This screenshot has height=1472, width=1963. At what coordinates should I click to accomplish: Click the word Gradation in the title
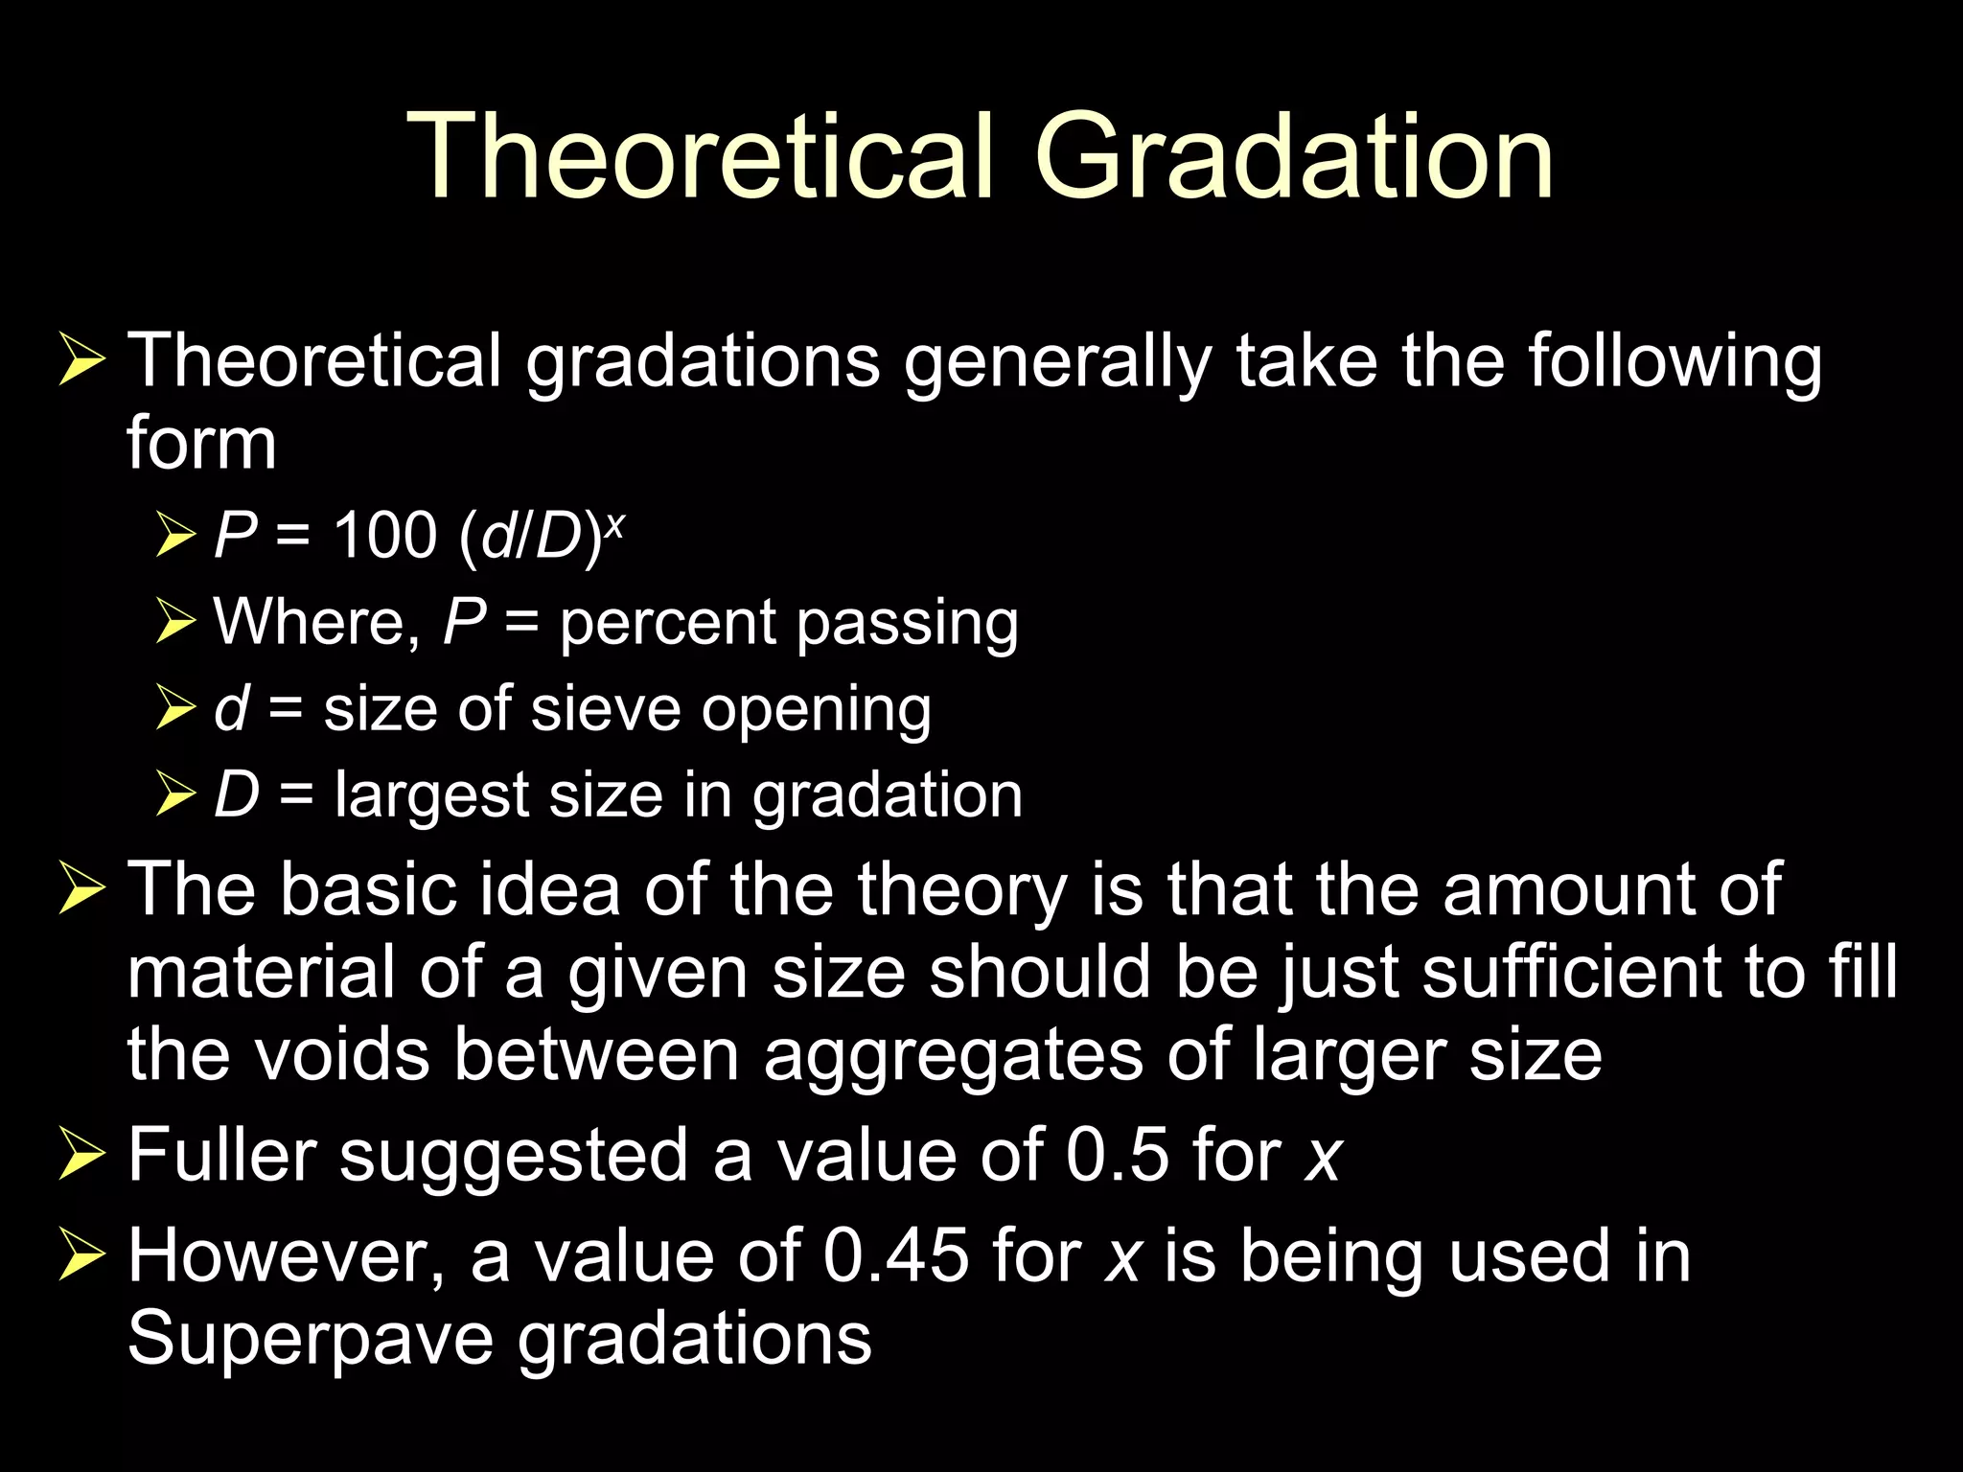coord(1294,156)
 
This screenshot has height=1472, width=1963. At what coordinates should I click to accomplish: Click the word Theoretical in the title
coord(701,156)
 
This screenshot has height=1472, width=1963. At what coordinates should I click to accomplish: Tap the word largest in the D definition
coord(431,797)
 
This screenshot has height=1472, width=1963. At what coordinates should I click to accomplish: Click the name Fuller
coord(221,1154)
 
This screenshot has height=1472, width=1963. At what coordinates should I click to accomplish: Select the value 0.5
coord(1118,1154)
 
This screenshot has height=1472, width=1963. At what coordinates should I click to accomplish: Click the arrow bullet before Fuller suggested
coord(81,1154)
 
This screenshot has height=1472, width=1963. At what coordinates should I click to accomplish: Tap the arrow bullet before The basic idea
coord(81,889)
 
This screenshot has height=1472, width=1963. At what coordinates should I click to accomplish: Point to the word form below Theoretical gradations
coord(201,444)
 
